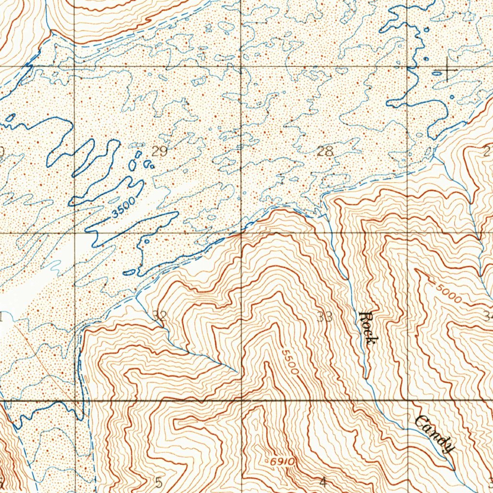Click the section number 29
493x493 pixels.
pyautogui.click(x=159, y=152)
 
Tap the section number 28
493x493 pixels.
pyautogui.click(x=325, y=151)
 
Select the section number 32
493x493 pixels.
pyautogui.click(x=159, y=316)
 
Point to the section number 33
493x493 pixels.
pyautogui.click(x=325, y=317)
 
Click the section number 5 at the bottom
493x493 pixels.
pyautogui.click(x=159, y=481)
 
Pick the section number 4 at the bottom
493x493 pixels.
pyautogui.click(x=323, y=481)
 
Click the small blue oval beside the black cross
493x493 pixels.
pyautogui.click(x=437, y=73)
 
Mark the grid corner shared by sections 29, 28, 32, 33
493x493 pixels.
pyautogui.click(x=241, y=234)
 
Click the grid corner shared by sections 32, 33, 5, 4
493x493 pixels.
pyautogui.click(x=242, y=399)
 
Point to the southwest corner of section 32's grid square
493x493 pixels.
pyautogui.click(x=76, y=400)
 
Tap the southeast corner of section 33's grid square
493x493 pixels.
pyautogui.click(x=408, y=399)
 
